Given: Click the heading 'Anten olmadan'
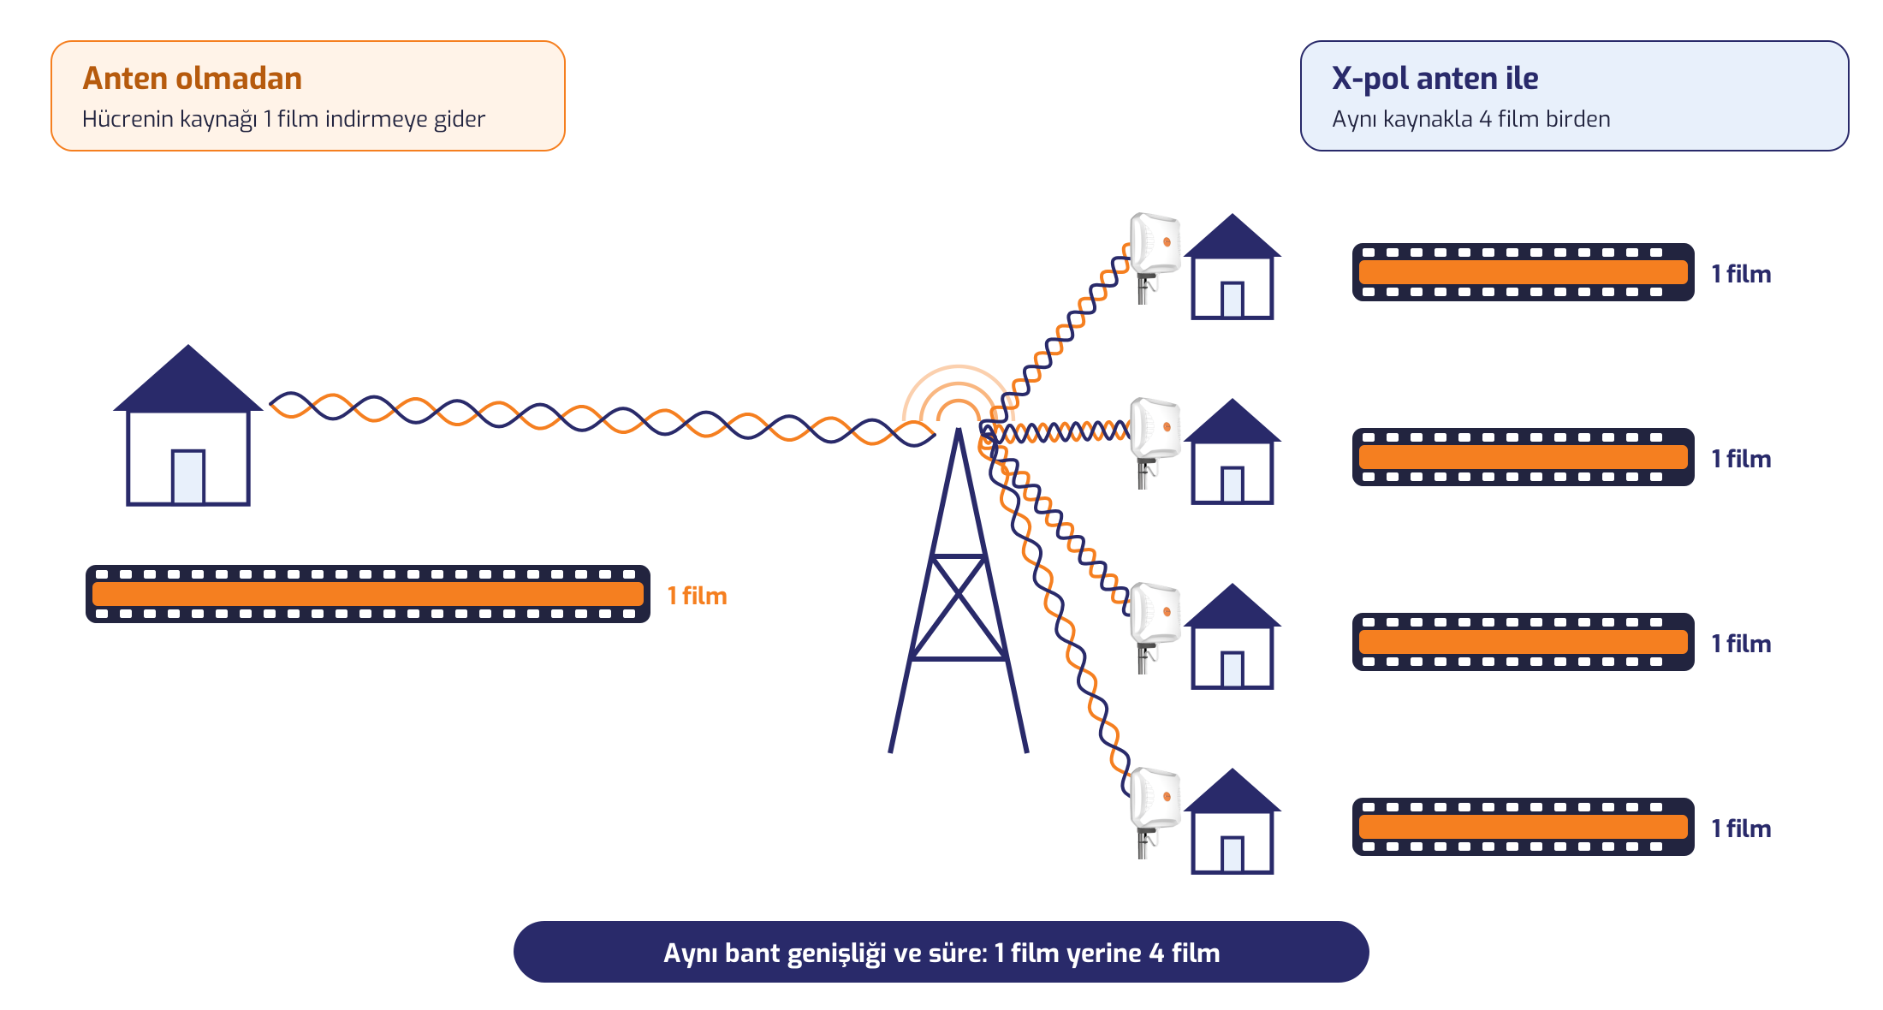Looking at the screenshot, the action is click(x=192, y=78).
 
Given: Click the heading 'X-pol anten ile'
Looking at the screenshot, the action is click(x=1435, y=78).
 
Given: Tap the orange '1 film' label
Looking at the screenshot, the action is click(x=697, y=596).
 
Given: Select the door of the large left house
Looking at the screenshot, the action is click(x=188, y=477).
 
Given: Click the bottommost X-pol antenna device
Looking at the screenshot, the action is click(x=1154, y=810).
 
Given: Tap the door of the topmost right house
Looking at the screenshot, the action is click(x=1233, y=300).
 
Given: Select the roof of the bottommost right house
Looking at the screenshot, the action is click(x=1233, y=790).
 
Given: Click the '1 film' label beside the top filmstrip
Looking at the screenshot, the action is click(x=1741, y=274).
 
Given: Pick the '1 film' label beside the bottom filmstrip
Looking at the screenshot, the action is click(x=1741, y=829).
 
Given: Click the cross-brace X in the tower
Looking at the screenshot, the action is click(x=959, y=608).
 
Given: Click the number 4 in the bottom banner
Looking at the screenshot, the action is click(x=1156, y=953).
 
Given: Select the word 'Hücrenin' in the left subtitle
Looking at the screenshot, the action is click(x=128, y=118).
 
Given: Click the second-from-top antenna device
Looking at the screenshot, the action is click(x=1154, y=440).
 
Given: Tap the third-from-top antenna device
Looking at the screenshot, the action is click(x=1154, y=625).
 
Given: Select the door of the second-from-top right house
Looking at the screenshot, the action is click(x=1233, y=484).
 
